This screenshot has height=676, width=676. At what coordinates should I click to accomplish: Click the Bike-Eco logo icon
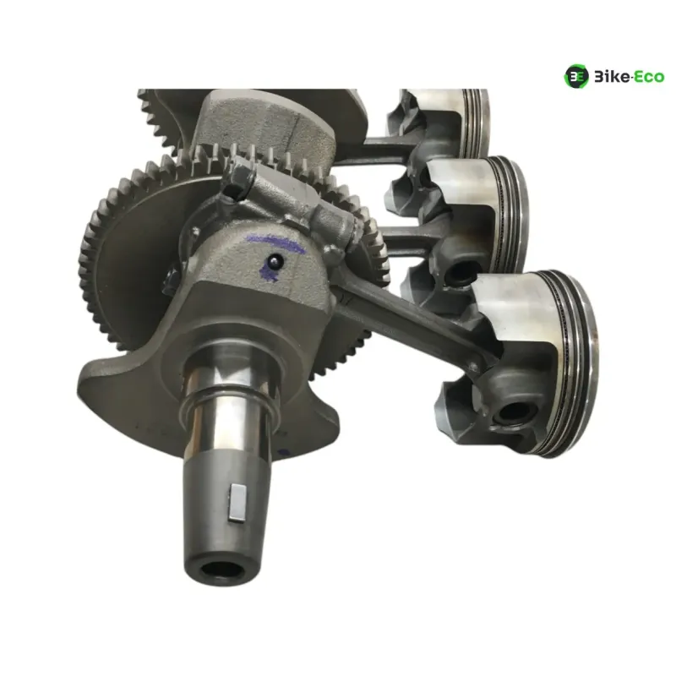pyautogui.click(x=576, y=76)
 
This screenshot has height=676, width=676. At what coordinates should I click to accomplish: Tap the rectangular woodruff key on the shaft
pyautogui.click(x=237, y=503)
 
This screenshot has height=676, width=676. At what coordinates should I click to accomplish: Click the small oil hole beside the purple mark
pyautogui.click(x=275, y=260)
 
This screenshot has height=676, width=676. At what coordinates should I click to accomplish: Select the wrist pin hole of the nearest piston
pyautogui.click(x=516, y=412)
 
